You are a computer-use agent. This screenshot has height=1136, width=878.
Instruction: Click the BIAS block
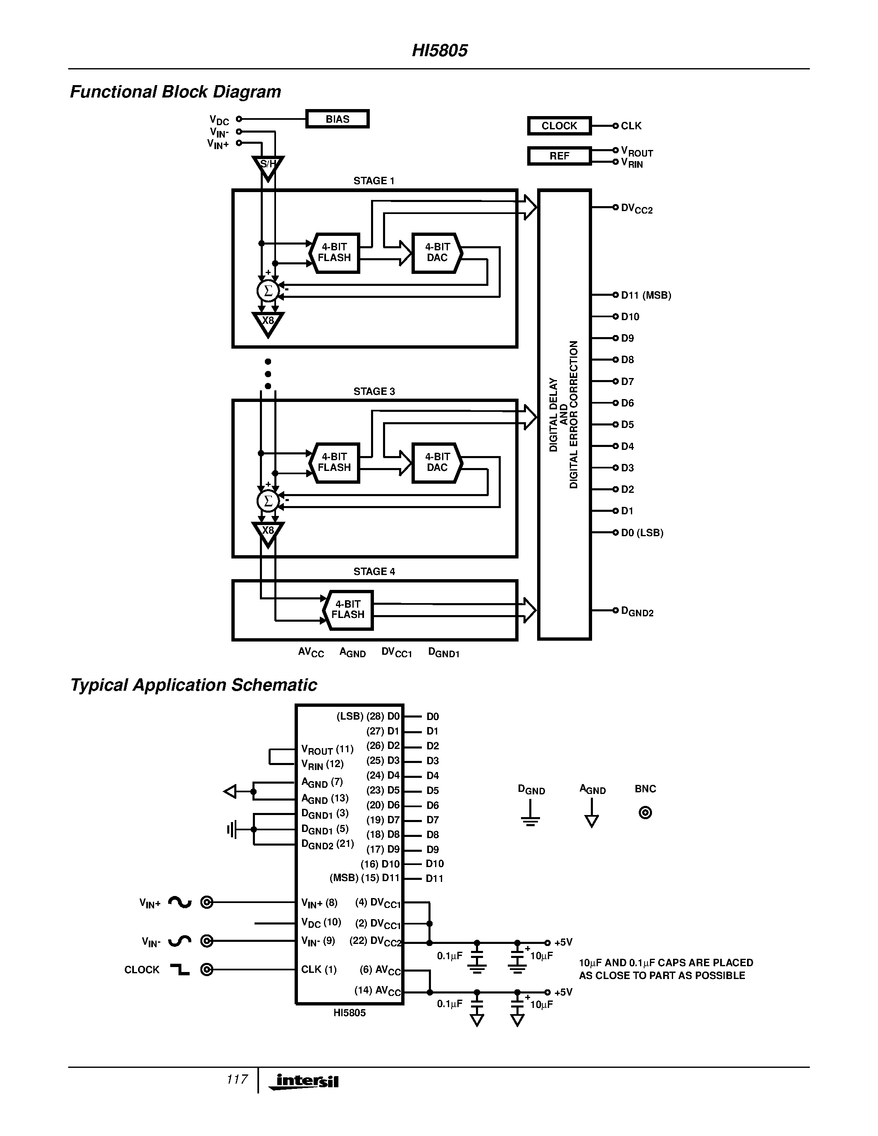point(337,119)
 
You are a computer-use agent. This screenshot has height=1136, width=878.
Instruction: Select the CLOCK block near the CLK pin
point(559,126)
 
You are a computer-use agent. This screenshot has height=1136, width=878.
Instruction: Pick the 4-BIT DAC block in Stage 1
point(437,253)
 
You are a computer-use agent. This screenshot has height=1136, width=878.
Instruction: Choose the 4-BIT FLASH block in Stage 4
point(348,610)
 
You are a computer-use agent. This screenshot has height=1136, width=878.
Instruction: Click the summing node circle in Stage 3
point(268,501)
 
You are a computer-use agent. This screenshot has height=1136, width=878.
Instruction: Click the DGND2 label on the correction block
point(637,611)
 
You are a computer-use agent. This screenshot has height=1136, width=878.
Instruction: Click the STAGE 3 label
point(374,392)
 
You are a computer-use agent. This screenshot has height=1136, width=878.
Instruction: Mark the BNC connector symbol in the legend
point(645,813)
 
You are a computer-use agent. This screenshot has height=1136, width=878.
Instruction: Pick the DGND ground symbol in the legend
point(530,815)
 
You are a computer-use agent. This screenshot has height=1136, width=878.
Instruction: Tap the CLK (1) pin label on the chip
point(318,970)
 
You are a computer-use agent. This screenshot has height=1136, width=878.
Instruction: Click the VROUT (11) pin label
point(327,749)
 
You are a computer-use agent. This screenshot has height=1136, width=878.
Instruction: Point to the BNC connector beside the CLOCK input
point(207,970)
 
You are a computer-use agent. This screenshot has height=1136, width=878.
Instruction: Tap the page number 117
point(237,1079)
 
